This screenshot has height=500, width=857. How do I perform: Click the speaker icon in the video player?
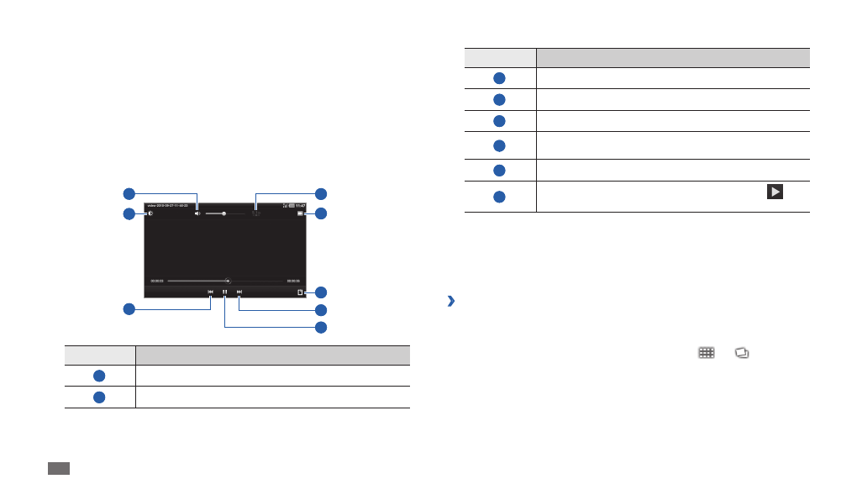pos(197,213)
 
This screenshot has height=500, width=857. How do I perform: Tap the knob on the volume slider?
pos(223,213)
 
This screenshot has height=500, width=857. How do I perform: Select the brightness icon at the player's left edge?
pos(150,213)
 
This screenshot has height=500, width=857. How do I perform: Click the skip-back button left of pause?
pos(211,292)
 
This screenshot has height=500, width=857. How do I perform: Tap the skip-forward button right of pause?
pos(239,292)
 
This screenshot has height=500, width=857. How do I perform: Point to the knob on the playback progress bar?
pos(229,281)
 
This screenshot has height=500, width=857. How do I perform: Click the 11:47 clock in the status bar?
pos(299,206)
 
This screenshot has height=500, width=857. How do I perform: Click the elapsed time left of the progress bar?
pos(157,281)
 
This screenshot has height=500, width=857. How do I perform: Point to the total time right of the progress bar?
pos(293,281)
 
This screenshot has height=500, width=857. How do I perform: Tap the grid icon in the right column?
pos(706,355)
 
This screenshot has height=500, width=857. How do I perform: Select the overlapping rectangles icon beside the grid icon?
pos(741,355)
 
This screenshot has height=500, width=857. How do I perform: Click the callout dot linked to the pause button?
pos(320,327)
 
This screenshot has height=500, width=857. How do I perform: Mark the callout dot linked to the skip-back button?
pos(129,309)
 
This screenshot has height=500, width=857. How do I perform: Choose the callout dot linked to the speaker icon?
pos(129,192)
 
